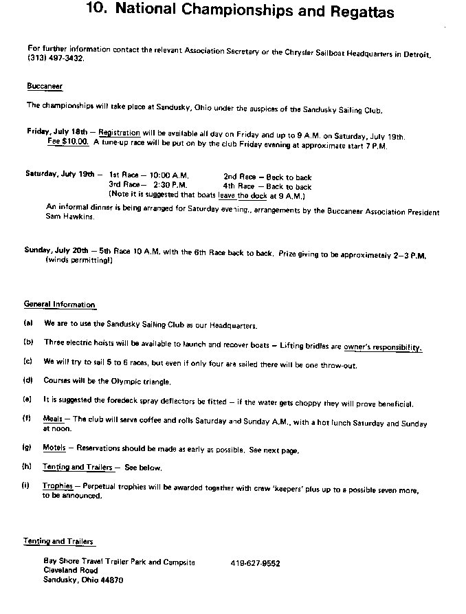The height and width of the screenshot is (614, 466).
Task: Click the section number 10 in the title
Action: pos(98,12)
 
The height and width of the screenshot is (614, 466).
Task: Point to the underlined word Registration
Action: pos(120,131)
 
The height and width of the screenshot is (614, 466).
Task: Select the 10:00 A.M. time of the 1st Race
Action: pos(168,177)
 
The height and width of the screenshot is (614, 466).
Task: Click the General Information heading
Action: pos(60,305)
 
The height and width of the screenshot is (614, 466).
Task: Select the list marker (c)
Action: pos(28,361)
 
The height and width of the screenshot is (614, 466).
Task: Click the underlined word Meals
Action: pos(53,418)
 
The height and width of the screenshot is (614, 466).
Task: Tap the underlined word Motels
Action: pos(54,448)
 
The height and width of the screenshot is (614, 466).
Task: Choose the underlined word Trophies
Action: pos(57,485)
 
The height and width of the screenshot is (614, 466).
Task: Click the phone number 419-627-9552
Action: pos(255,562)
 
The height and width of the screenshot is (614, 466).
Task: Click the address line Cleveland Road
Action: pos(70,571)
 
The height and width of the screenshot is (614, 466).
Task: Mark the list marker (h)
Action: pos(28,467)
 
